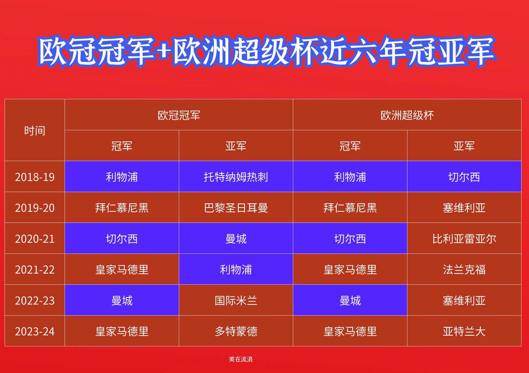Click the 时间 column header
[35, 131]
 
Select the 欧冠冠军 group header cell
[179, 115]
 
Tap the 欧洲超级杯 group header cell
[407, 115]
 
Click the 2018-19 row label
[35, 177]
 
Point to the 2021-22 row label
[35, 269]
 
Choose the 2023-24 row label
[35, 332]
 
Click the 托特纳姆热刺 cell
[236, 177]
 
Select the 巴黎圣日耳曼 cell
[236, 208]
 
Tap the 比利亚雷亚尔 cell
[464, 239]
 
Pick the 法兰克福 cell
[464, 269]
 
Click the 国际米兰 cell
[236, 301]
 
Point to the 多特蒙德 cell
[236, 332]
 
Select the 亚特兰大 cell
[464, 332]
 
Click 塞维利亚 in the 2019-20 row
[464, 208]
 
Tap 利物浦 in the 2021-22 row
[236, 269]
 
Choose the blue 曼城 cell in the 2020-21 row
[236, 239]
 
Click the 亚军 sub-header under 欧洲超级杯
[464, 146]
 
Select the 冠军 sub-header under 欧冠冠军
[122, 146]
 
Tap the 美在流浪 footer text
[241, 359]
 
